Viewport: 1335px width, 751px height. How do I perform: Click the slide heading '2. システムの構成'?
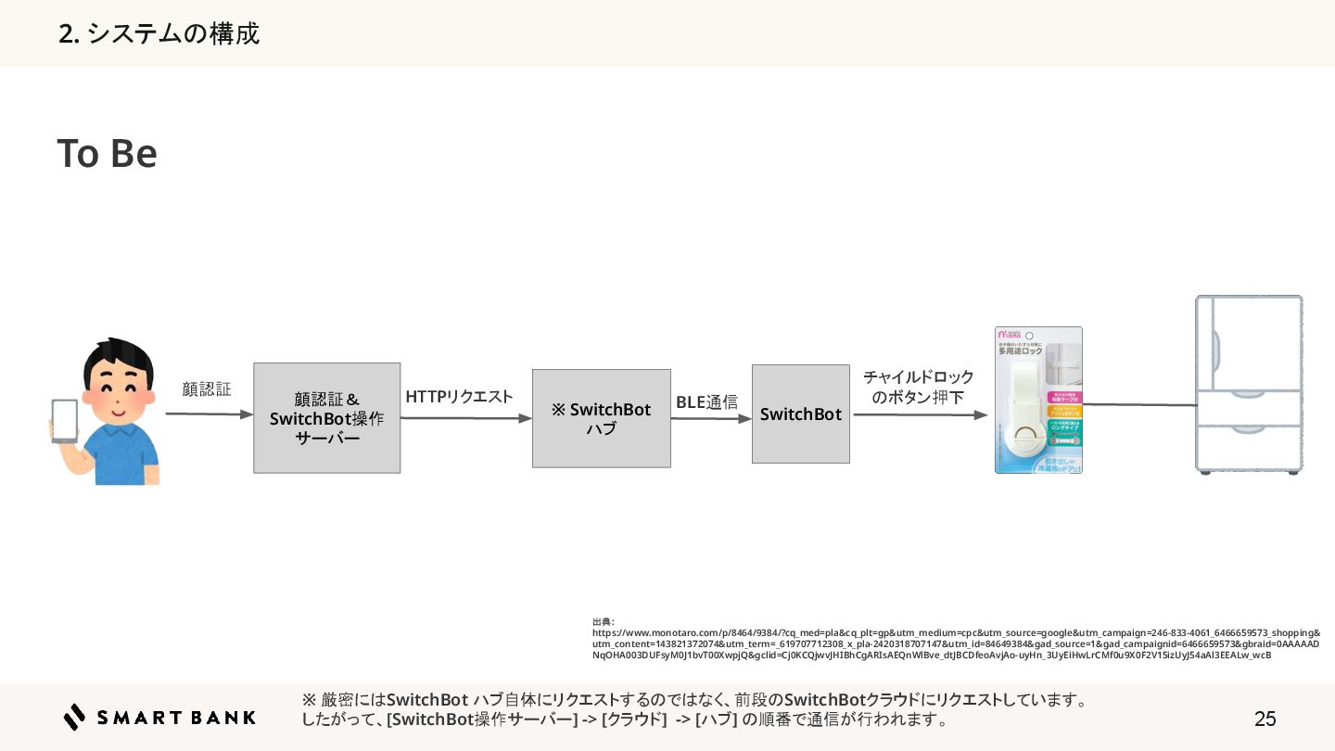point(159,34)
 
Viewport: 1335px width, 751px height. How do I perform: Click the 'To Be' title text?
point(107,154)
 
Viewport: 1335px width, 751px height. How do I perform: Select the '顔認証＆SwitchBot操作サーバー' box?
point(326,418)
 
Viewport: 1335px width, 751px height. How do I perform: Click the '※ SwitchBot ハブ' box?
point(601,418)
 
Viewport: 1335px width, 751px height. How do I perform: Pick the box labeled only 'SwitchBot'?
point(800,414)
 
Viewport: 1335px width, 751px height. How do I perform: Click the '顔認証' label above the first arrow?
point(206,389)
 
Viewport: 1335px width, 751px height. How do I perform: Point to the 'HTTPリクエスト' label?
point(459,397)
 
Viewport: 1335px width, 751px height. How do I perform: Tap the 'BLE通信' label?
point(706,402)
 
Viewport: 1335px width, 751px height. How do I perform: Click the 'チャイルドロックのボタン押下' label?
point(918,388)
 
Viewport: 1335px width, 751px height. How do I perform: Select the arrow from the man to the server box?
point(209,414)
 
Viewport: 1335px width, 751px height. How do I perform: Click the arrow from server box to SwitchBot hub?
point(465,418)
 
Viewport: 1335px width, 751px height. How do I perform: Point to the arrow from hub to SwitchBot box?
point(710,418)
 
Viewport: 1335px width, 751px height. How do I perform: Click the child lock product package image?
point(1038,400)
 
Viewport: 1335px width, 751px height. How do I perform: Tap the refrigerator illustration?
point(1248,385)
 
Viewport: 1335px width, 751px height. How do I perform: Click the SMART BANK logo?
point(159,717)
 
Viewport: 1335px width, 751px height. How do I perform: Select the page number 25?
point(1265,719)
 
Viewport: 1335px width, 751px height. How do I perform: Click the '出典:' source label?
point(604,621)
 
